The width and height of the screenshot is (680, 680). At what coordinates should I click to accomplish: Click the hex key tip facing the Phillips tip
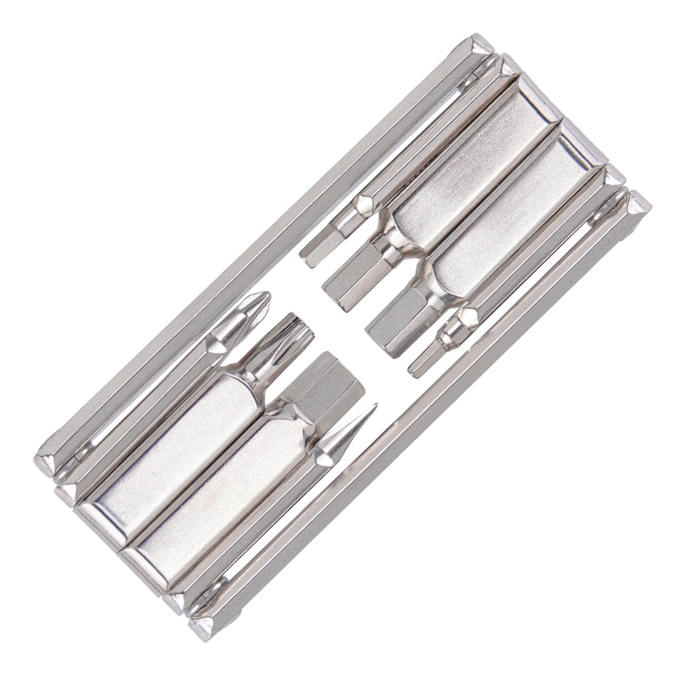pos(312,248)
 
